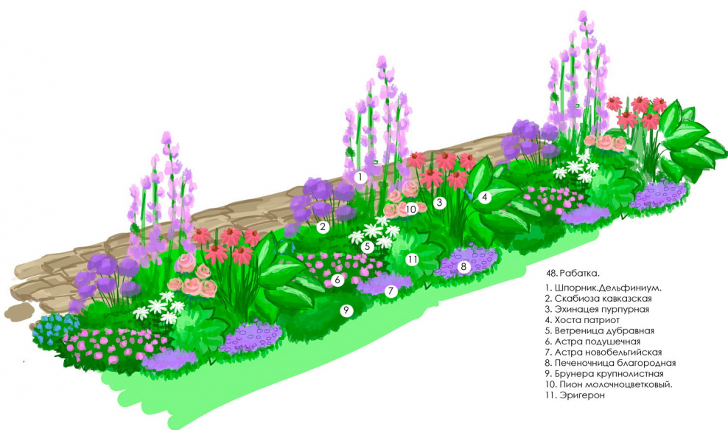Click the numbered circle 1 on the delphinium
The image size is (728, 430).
pos(360,177)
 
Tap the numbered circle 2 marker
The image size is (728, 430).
pos(322,227)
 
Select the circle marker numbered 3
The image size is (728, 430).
pos(439,202)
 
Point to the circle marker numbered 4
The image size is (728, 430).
pos(484,197)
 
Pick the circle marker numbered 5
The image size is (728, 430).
pos(367,247)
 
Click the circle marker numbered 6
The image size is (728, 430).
pos(337,280)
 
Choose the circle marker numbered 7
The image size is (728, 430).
pos(391,291)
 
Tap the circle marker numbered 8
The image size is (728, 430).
pos(463,266)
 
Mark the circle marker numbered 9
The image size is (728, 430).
pos(346,311)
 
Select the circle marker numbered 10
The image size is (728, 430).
pos(411,209)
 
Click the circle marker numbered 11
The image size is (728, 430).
pos(412,260)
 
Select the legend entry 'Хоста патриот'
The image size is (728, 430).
pos(578,320)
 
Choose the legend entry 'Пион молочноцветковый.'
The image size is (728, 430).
pos(596,384)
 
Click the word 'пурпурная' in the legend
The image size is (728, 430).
pos(622,309)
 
